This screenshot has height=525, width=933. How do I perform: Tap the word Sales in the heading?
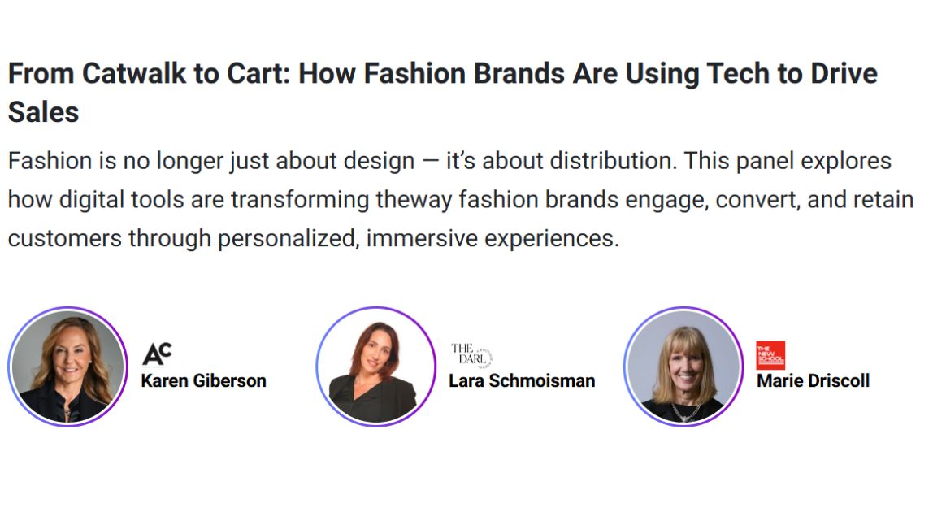(43, 112)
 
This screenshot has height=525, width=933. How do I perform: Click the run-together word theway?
(414, 200)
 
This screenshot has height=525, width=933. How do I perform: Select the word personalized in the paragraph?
(289, 239)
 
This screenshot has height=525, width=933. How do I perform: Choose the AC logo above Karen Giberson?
(157, 354)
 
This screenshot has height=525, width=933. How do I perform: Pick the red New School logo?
(770, 355)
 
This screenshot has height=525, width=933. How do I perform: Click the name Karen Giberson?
(203, 381)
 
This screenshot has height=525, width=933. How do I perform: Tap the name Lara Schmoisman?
(522, 381)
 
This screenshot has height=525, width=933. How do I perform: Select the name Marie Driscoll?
(814, 381)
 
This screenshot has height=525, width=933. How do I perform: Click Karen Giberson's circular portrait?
(67, 367)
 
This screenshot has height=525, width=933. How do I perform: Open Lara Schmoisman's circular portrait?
(376, 367)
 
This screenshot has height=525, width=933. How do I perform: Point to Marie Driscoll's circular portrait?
(683, 367)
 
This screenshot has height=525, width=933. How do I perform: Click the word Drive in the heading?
(844, 74)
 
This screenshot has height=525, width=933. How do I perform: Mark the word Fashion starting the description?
(50, 161)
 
